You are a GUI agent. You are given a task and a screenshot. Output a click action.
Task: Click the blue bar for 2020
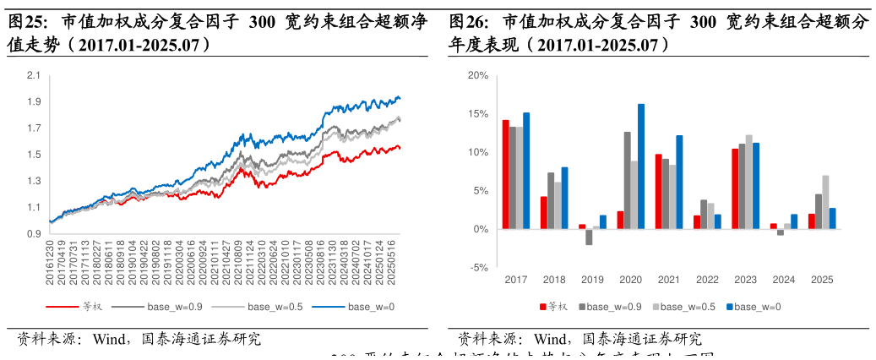(640, 166)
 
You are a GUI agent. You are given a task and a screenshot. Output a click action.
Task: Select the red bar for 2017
(505, 174)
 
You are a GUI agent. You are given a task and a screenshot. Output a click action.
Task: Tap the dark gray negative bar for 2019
(589, 237)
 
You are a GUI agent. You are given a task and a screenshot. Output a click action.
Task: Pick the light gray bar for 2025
(825, 202)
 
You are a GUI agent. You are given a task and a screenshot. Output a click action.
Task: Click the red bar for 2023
(735, 188)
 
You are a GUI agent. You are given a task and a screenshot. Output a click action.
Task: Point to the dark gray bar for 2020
(627, 180)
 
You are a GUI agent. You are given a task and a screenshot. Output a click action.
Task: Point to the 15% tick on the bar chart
(477, 114)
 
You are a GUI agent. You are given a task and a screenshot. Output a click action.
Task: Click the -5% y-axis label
(477, 268)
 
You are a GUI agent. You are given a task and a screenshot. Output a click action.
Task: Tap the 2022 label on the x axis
(707, 280)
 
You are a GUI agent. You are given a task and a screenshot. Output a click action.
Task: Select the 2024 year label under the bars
(784, 280)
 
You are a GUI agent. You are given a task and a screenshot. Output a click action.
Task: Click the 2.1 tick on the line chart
(34, 76)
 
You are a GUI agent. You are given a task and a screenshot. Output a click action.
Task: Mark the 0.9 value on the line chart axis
(34, 234)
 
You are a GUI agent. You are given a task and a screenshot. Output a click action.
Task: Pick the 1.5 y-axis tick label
(34, 155)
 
